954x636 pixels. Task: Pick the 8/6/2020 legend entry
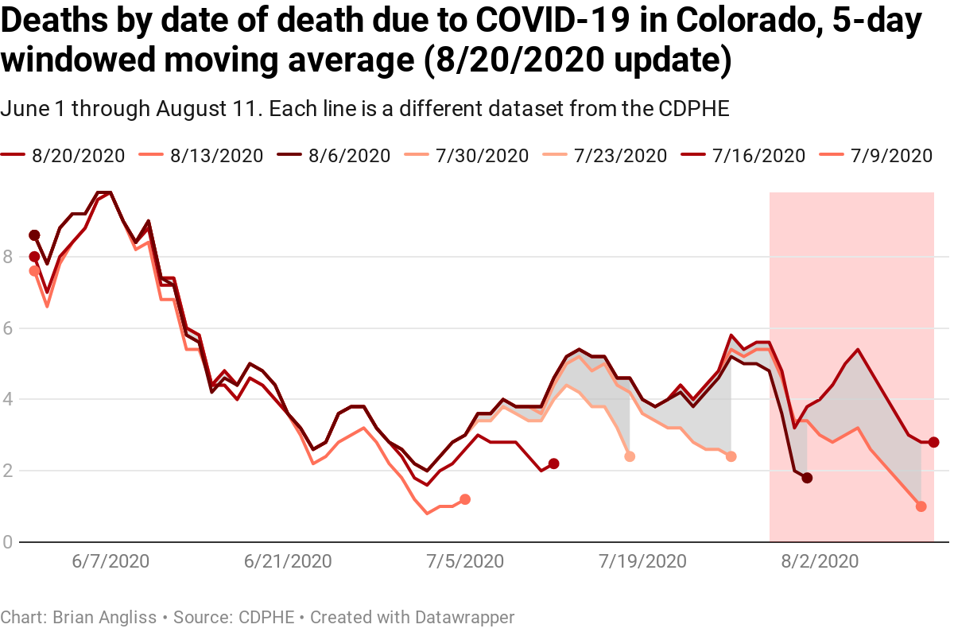pos(343,155)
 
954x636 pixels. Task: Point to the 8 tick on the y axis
pos(9,257)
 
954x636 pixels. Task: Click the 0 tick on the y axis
pos(9,542)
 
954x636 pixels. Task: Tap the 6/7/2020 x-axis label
pos(111,561)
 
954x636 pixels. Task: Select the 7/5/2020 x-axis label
pos(465,561)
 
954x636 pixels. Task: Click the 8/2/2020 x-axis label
pos(820,561)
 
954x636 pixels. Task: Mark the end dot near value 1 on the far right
pos(921,506)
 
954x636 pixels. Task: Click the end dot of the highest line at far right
pos(933,442)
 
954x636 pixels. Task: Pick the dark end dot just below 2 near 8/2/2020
pos(807,478)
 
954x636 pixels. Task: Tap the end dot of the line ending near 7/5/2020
pos(465,499)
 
